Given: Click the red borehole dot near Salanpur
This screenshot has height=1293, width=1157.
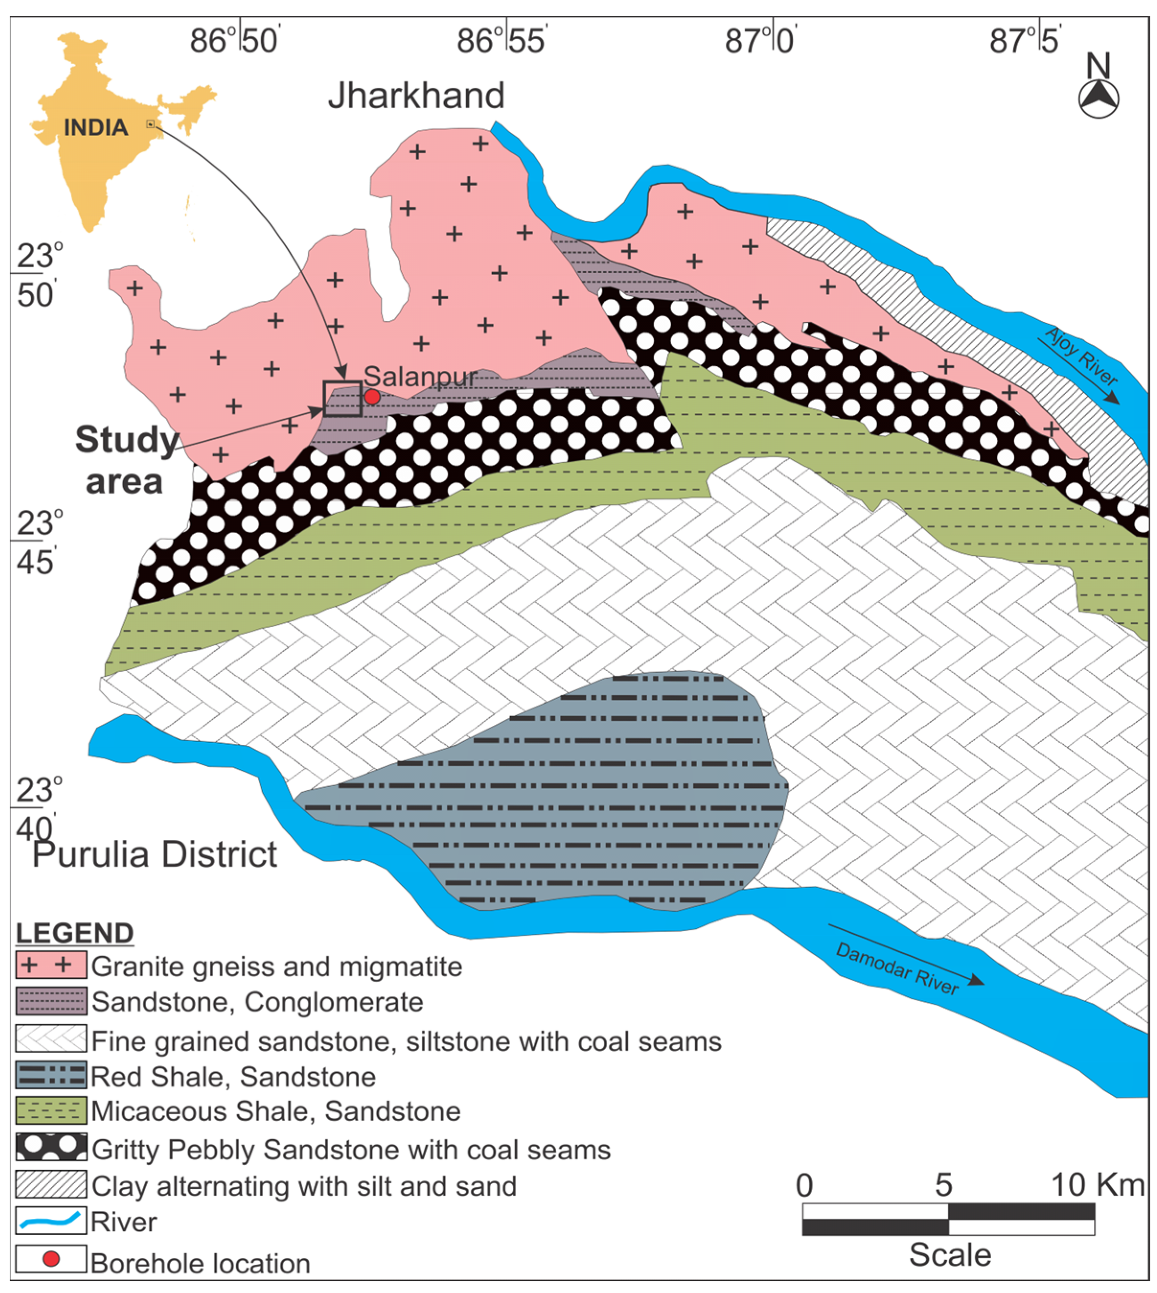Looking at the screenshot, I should (x=372, y=397).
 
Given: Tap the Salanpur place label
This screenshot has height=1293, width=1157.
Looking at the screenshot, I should (x=420, y=377).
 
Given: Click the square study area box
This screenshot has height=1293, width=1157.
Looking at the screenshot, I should (x=343, y=399).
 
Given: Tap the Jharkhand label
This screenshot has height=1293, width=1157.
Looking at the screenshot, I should (x=416, y=95).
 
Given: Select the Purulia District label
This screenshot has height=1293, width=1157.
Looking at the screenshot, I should (x=154, y=854).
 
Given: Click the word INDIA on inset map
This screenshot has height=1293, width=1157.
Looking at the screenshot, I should (x=96, y=128).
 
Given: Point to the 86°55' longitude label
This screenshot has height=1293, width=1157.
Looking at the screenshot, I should (x=502, y=41).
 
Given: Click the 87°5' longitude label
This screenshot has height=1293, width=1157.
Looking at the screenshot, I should (x=1025, y=41).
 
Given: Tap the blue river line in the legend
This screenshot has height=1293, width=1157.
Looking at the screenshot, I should (x=51, y=1221).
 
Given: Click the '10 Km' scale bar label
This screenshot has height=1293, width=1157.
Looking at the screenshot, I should (x=1097, y=1184).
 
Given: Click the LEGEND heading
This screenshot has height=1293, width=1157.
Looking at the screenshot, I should (x=74, y=933).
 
